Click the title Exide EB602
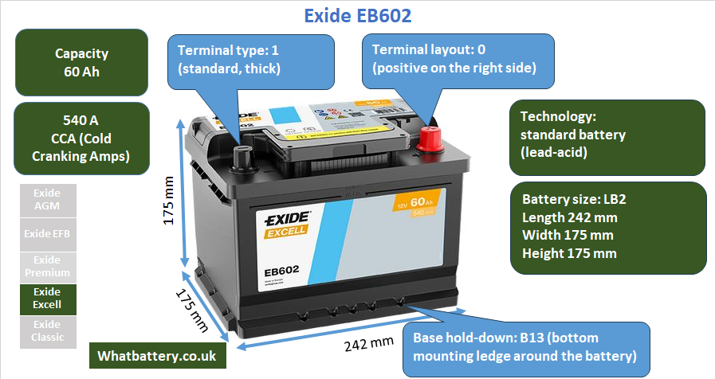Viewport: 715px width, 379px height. [357, 16]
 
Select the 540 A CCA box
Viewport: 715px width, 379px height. [81, 139]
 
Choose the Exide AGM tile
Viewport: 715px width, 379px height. [47, 200]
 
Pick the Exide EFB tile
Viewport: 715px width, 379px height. [47, 234]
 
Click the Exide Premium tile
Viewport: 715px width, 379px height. [47, 267]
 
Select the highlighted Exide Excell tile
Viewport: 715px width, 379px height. [47, 299]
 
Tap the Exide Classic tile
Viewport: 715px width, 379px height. [47, 331]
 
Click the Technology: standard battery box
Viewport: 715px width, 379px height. [607, 137]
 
